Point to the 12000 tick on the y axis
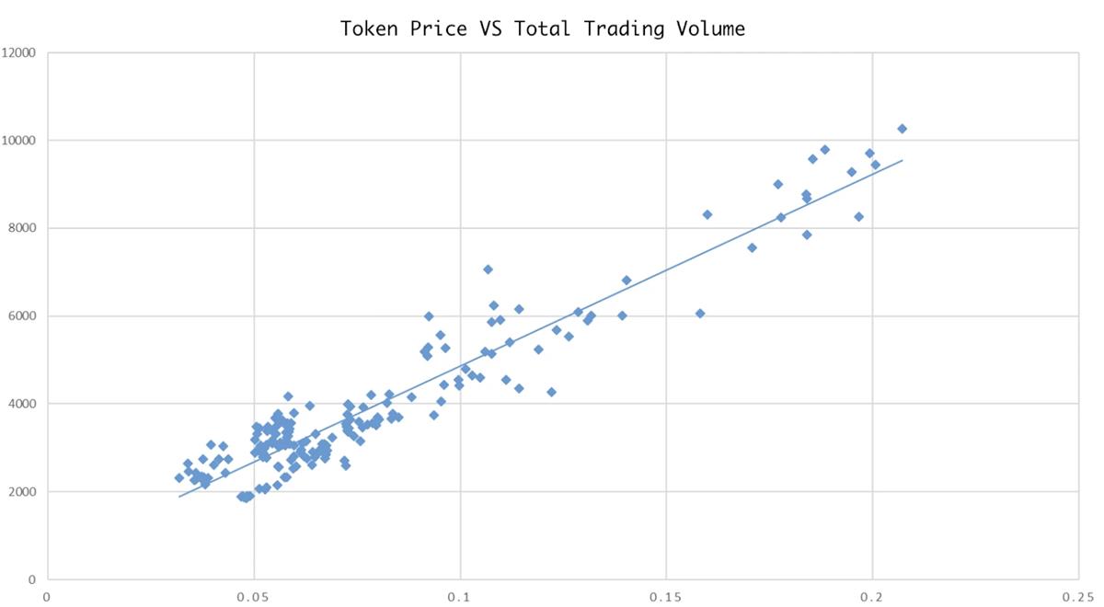coord(18,52)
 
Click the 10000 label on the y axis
coord(18,141)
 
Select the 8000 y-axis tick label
coord(21,228)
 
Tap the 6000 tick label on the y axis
coord(21,316)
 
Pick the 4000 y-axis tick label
coord(21,404)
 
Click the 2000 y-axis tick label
coord(21,492)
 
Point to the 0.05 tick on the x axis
coord(252,596)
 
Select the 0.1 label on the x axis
coord(460,596)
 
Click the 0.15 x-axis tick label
coord(665,596)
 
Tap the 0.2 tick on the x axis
coord(872,596)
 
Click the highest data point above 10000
coord(902,129)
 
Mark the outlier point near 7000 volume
coord(488,269)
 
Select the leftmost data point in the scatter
coord(179,478)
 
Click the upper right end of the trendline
coord(902,161)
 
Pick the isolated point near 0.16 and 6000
coord(700,314)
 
